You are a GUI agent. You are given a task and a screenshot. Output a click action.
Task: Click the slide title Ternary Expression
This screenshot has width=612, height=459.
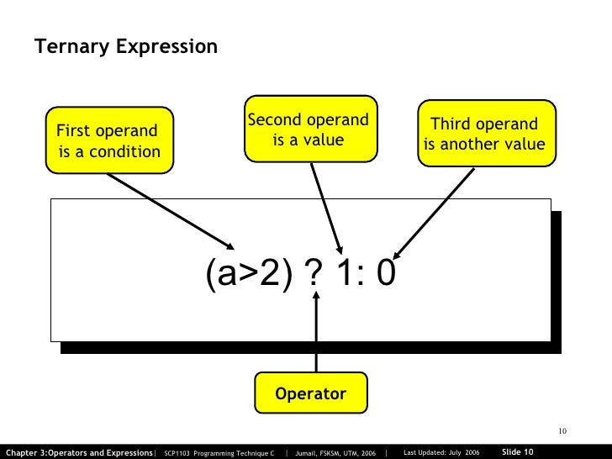pos(126,46)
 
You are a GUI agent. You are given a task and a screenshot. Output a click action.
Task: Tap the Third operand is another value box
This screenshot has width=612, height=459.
pos(483,135)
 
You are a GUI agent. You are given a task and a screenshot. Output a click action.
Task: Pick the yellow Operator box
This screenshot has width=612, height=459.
pos(311,393)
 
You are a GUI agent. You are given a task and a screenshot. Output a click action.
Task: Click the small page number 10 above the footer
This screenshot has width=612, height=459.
pos(563,432)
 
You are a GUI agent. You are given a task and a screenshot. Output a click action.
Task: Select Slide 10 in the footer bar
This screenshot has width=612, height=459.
pos(517,451)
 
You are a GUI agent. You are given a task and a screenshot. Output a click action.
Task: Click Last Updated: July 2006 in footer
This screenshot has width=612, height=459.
pos(441,452)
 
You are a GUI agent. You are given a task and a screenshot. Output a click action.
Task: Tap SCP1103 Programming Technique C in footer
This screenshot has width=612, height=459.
pos(219,452)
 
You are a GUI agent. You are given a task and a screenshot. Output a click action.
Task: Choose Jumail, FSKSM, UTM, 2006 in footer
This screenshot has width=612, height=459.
pos(335,452)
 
